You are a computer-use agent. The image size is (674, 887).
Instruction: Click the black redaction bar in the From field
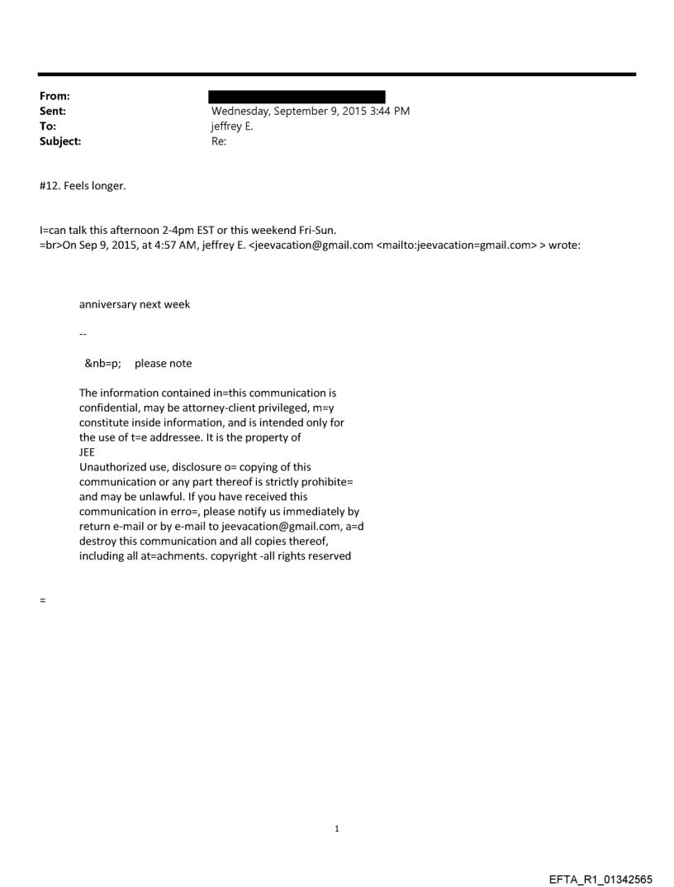pyautogui.click(x=297, y=97)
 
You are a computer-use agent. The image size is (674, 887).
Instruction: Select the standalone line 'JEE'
pyautogui.click(x=87, y=452)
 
